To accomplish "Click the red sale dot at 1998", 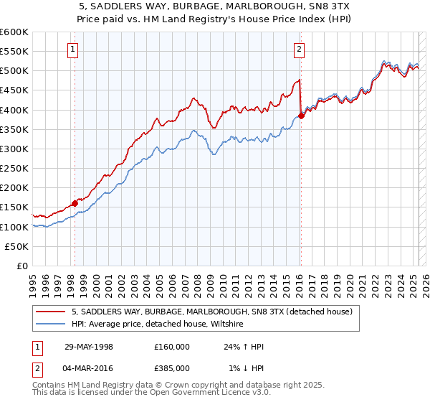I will (x=75, y=203).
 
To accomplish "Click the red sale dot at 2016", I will (x=301, y=116).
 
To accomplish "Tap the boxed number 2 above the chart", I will (x=299, y=50).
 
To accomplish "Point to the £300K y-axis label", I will (x=14, y=149).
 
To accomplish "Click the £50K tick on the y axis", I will (x=17, y=246).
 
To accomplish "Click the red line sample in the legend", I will (x=51, y=312).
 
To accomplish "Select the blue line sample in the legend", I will (x=51, y=324).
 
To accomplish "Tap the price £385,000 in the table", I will (x=172, y=368).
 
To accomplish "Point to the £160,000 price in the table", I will (x=172, y=347).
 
